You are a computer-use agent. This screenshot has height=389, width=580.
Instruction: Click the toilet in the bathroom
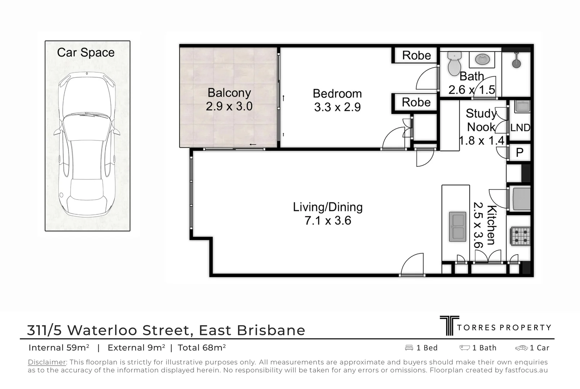pos(454,64)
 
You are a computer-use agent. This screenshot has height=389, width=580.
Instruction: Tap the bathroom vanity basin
pos(482,59)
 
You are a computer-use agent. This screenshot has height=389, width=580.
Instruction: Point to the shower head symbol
pos(517,62)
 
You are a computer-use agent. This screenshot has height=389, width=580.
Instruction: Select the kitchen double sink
pos(457,227)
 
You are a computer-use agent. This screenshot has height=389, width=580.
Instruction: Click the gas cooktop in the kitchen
pos(520,236)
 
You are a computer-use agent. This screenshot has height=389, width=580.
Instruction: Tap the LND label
pos(520,128)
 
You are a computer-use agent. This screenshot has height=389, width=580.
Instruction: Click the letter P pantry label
pos(519,152)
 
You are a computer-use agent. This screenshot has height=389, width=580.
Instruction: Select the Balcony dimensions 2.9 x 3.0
pos(229,106)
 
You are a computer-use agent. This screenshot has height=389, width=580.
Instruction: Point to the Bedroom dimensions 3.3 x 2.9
pos(337,107)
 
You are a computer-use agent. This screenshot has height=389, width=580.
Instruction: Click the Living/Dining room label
pos(327,207)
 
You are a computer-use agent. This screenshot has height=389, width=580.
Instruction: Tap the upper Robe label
pos(416,55)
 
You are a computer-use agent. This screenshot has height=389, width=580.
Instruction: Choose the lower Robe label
pos(416,102)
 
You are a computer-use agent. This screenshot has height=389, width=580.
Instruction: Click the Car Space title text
pos(86,53)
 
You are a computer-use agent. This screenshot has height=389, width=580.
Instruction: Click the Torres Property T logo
pos(449,326)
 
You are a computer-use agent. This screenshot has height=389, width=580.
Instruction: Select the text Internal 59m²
pos(59,348)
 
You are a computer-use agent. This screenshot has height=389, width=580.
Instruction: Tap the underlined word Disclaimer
pos(47,362)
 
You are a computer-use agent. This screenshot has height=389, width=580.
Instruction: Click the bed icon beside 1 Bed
pos(409,348)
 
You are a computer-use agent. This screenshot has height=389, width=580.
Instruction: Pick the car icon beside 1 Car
pos(521,348)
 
